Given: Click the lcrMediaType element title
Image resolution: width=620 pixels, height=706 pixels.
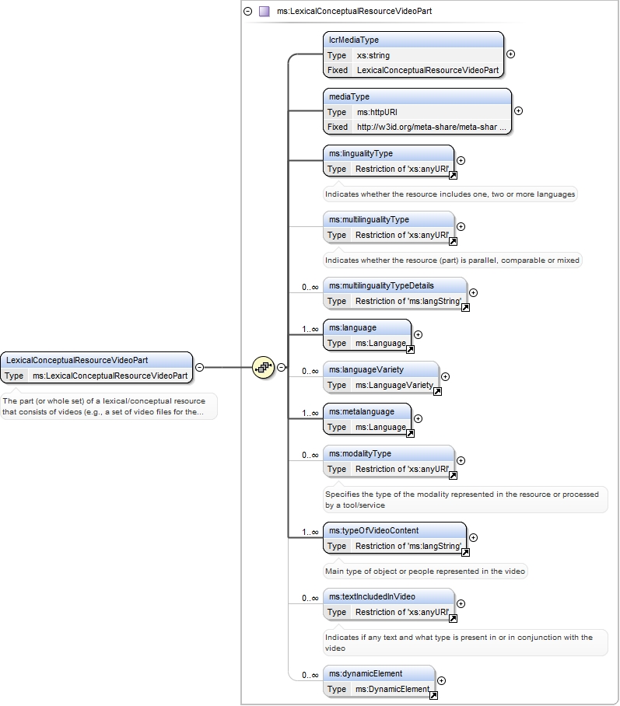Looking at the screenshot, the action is (x=354, y=40).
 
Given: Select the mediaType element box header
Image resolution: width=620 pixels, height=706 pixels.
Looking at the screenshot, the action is (x=417, y=97).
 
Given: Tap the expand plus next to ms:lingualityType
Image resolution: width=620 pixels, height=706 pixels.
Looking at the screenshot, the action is (x=461, y=161).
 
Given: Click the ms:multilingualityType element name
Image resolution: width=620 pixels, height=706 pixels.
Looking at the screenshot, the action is (x=369, y=220).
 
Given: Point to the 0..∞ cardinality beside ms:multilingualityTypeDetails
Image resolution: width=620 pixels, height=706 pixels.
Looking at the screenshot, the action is (x=310, y=287).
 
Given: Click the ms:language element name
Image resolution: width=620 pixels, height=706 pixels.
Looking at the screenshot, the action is (x=352, y=328).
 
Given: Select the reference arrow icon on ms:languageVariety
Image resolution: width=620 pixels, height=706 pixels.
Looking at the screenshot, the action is (x=437, y=392).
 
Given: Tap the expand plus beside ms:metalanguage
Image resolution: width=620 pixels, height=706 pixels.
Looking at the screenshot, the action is (x=419, y=419).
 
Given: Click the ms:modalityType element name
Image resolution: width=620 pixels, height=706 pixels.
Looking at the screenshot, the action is (x=360, y=454).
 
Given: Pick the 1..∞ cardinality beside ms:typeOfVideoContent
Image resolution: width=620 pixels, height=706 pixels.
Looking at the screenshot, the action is (x=310, y=532).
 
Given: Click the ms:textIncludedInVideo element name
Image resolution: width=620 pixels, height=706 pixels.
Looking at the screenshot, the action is (x=372, y=597).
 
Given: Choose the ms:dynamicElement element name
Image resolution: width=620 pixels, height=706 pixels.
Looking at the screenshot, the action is (x=366, y=674).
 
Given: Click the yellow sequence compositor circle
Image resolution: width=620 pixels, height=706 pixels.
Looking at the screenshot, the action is (x=264, y=368).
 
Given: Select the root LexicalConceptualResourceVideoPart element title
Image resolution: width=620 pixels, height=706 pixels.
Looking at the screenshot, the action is (x=77, y=360).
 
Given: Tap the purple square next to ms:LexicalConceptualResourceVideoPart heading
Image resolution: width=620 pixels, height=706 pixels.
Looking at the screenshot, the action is (x=264, y=11).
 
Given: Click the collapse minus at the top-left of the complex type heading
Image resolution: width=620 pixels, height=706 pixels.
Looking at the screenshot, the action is (x=248, y=11).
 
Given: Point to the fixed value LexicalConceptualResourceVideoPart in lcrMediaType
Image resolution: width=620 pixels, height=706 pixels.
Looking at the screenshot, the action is (x=428, y=70).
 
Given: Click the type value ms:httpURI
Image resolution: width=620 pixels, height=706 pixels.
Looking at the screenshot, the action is (x=377, y=112).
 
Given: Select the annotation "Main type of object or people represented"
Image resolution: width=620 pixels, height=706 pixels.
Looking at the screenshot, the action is (x=425, y=571).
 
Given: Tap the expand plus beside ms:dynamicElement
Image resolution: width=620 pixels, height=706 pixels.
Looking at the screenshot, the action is (x=442, y=681).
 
